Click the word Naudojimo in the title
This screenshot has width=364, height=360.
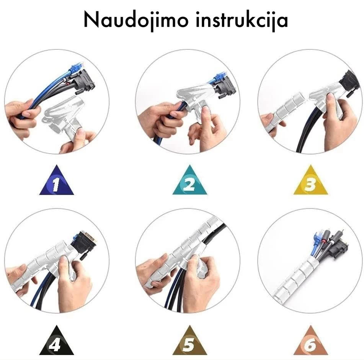click(x=136, y=20)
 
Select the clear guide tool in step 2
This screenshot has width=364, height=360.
click(x=195, y=98)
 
